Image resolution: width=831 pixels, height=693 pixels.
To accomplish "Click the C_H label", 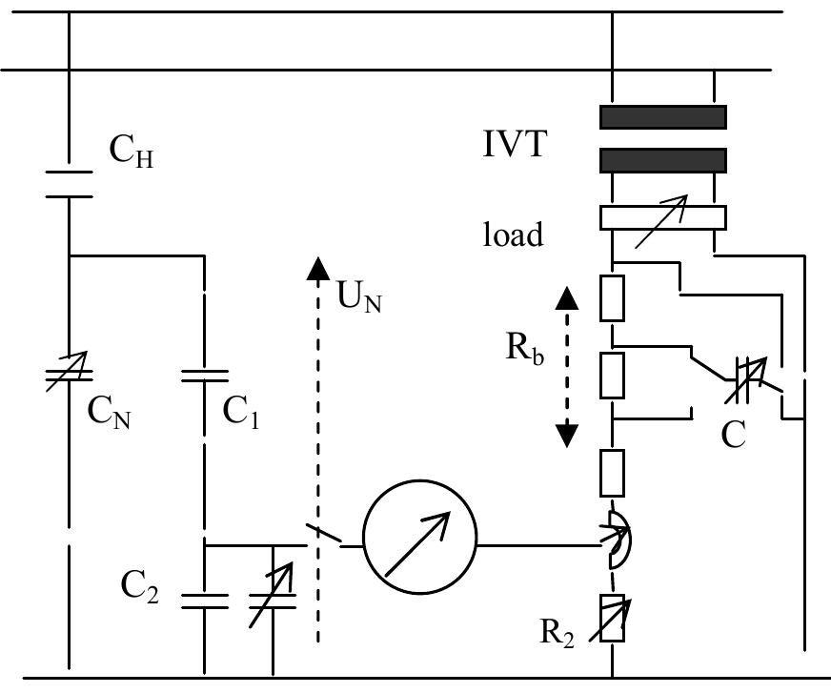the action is (132, 153).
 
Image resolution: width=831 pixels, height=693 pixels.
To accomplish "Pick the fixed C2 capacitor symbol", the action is (204, 601).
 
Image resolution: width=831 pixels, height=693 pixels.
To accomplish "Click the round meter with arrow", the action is (419, 545).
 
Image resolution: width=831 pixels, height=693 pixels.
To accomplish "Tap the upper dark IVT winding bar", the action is (662, 116).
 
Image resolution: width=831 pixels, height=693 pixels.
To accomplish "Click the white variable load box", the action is (662, 218).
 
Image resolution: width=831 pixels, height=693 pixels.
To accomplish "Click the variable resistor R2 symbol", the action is (611, 618).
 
